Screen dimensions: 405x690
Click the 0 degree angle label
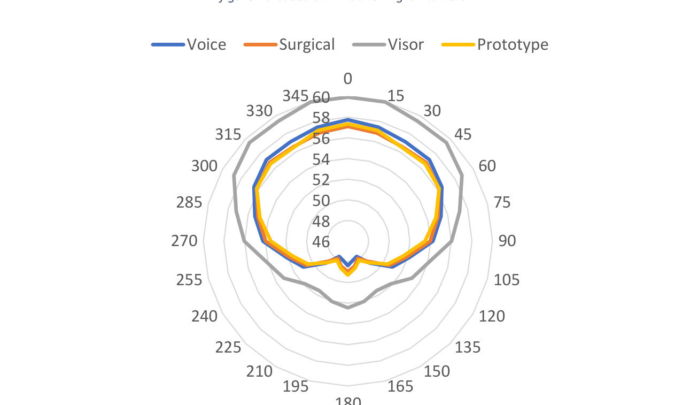click(x=348, y=79)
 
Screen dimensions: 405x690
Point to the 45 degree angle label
click(x=463, y=135)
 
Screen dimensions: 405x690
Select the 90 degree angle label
click(x=507, y=241)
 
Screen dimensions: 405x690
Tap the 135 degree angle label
click(x=468, y=348)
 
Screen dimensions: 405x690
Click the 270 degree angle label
click(x=184, y=241)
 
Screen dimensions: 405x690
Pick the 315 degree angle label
click(x=228, y=135)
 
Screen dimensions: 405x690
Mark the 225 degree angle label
click(x=228, y=348)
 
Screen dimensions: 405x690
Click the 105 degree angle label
click(x=507, y=280)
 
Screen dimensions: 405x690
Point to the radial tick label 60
click(x=321, y=98)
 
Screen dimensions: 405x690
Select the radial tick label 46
click(x=321, y=242)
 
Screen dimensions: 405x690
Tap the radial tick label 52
click(x=321, y=180)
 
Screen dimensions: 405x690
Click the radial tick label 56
click(x=321, y=139)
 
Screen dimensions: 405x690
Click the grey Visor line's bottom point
click(x=348, y=308)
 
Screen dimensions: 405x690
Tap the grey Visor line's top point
click(x=348, y=97)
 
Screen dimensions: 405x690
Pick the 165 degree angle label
click(x=400, y=386)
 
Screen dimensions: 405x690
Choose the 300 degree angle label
click(x=205, y=166)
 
